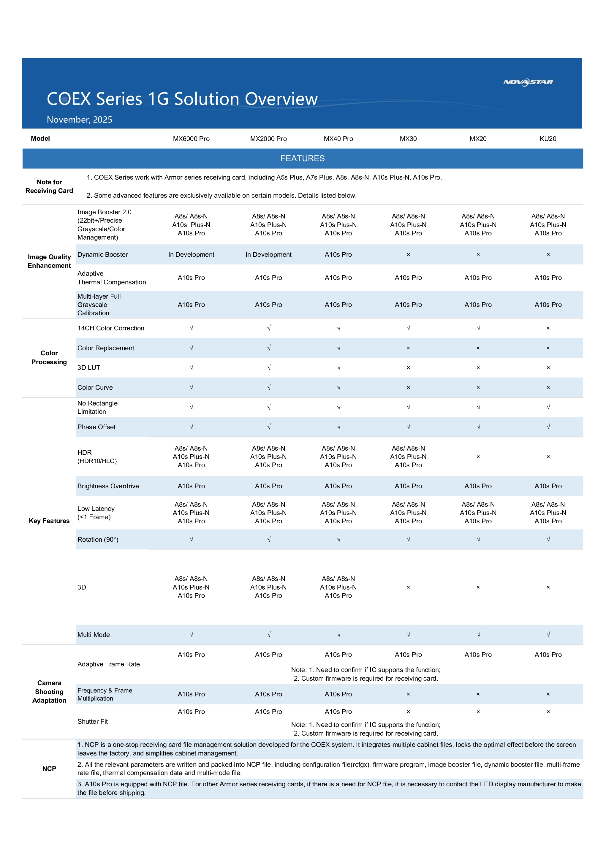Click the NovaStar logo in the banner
pyautogui.click(x=528, y=82)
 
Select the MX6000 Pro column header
pyautogui.click(x=191, y=139)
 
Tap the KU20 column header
pyautogui.click(x=548, y=139)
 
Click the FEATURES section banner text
pyautogui.click(x=303, y=158)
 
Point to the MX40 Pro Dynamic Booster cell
pyautogui.click(x=338, y=255)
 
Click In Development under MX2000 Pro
pyautogui.click(x=268, y=255)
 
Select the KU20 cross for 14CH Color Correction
pyautogui.click(x=548, y=328)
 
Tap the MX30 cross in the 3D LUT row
pyautogui.click(x=408, y=368)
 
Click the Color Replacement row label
pyautogui.click(x=106, y=348)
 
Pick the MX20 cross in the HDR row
pyautogui.click(x=478, y=457)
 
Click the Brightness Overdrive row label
pyautogui.click(x=108, y=486)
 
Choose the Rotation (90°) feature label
pyautogui.click(x=98, y=539)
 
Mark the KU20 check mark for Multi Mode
pyautogui.click(x=548, y=635)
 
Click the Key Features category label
pyautogui.click(x=49, y=521)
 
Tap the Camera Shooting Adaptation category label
pyautogui.click(x=49, y=692)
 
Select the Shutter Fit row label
pyautogui.click(x=92, y=722)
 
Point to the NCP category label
pyautogui.click(x=49, y=769)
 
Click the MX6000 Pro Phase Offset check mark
pyautogui.click(x=191, y=427)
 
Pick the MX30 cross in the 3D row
pyautogui.click(x=408, y=587)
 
